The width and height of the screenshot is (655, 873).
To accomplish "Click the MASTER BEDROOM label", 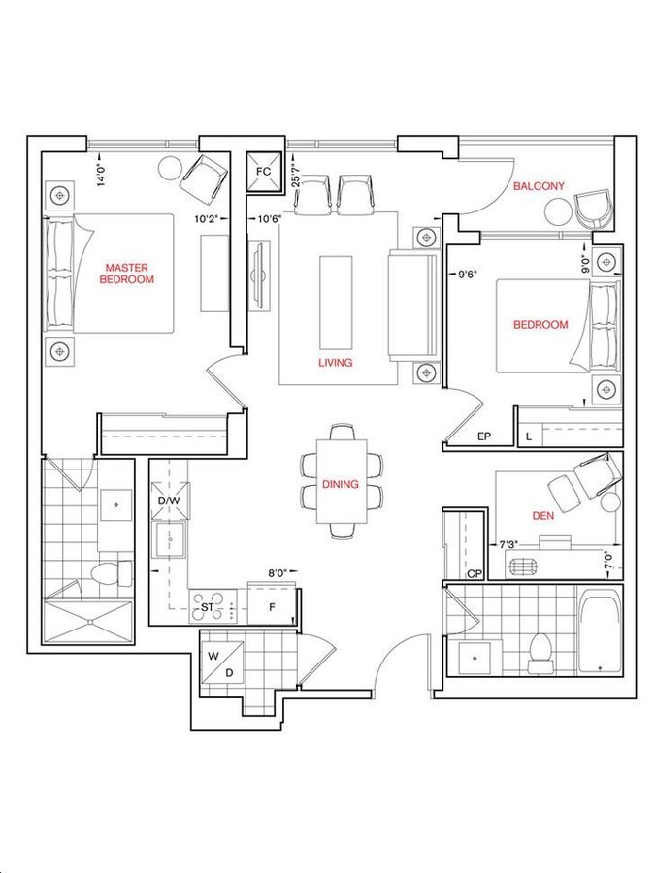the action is pyautogui.click(x=126, y=274).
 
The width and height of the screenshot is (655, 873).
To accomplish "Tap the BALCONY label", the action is pyautogui.click(x=538, y=186).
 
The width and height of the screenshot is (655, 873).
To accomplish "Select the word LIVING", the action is pyautogui.click(x=336, y=363).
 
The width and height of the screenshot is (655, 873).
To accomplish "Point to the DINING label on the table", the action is pyautogui.click(x=341, y=484).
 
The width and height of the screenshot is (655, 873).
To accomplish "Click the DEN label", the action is pyautogui.click(x=543, y=516).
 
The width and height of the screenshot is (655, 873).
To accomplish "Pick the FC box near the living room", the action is pyautogui.click(x=264, y=172).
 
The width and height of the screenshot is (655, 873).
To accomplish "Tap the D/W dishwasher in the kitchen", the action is pyautogui.click(x=170, y=500).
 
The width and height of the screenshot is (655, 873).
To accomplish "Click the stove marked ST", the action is pyautogui.click(x=213, y=607).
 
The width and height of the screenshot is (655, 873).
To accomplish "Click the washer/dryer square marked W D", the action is pyautogui.click(x=222, y=663).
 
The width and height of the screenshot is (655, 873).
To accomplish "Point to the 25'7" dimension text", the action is pyautogui.click(x=297, y=175).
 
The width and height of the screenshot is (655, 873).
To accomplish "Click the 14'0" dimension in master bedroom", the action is pyautogui.click(x=101, y=175).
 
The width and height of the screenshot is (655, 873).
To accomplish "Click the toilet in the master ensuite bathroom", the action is pyautogui.click(x=112, y=573).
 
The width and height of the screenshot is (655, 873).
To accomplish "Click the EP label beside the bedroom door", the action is pyautogui.click(x=484, y=437).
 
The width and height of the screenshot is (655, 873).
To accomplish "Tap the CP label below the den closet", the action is pyautogui.click(x=475, y=573).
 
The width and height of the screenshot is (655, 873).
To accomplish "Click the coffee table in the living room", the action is pyautogui.click(x=336, y=303).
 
